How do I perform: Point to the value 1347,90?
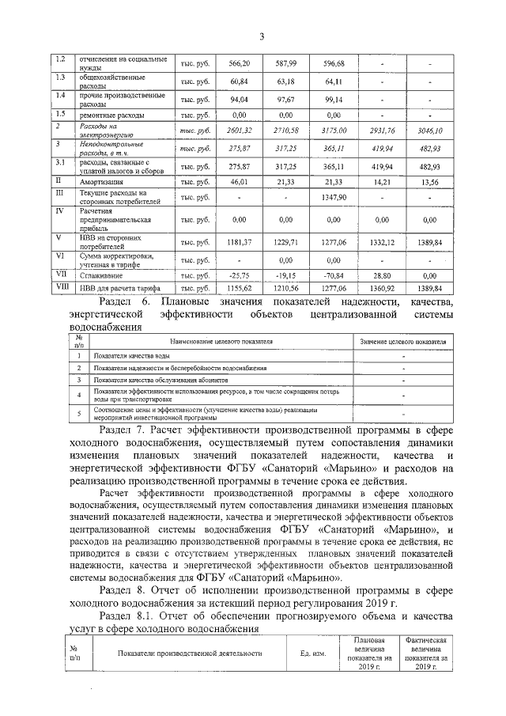tap(334, 197)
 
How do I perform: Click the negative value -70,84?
tap(334, 275)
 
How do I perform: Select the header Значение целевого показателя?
tap(402, 341)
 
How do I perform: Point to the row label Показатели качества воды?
tap(131, 357)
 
